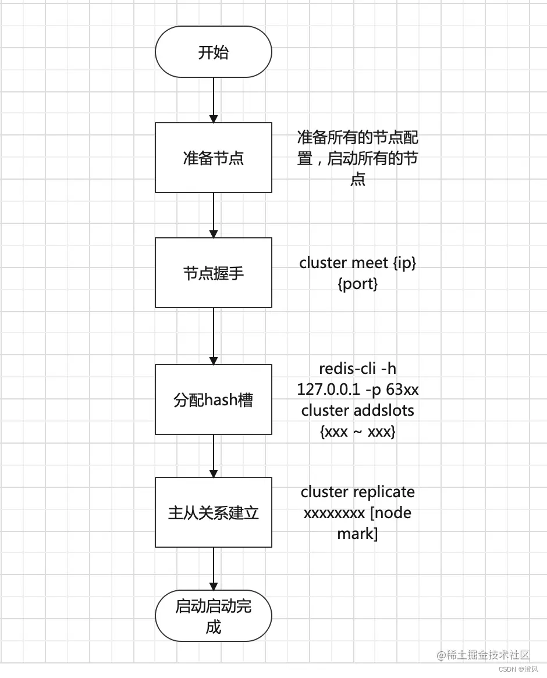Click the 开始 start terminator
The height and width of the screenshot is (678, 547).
tap(213, 52)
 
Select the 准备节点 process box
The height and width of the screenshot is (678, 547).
tap(213, 158)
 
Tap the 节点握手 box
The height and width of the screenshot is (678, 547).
tap(213, 273)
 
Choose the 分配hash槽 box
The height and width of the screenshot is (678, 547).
tap(213, 399)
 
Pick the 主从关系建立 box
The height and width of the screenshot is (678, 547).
tap(213, 512)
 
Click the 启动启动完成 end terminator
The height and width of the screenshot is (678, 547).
tap(213, 616)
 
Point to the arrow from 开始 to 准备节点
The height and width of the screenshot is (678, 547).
tap(214, 99)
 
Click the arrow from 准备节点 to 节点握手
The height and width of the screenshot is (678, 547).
tap(214, 215)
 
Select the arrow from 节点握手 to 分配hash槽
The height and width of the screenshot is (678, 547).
tap(214, 336)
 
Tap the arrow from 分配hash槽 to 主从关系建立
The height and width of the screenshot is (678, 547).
tap(214, 455)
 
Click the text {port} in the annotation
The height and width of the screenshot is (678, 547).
tap(357, 284)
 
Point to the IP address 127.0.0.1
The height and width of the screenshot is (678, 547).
tap(328, 389)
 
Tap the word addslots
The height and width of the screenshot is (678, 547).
tap(382, 410)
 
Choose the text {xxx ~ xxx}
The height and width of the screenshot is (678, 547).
tap(357, 431)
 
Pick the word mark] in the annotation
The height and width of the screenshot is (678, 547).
tap(357, 534)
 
